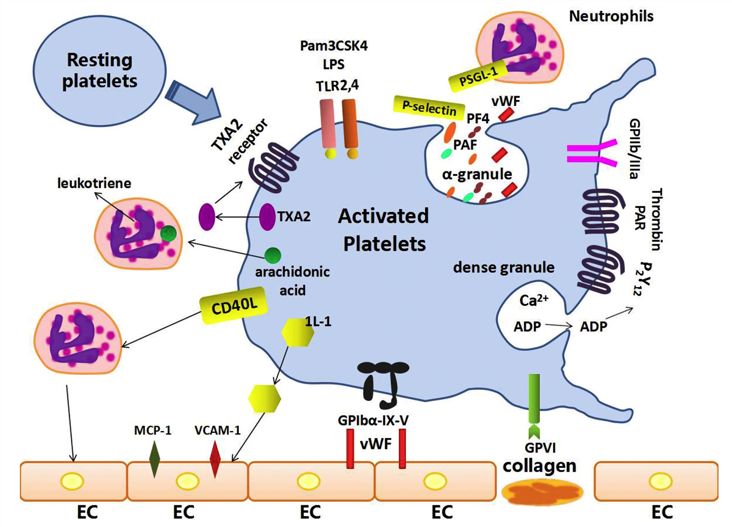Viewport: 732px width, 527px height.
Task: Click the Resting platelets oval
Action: coord(99,71)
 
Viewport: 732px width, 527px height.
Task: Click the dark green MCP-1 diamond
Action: coord(154,459)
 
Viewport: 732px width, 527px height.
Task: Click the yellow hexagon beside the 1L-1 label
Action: coord(298,332)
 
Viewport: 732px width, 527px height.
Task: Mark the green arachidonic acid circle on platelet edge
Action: coord(273,255)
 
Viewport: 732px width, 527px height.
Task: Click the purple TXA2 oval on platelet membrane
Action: coord(267,217)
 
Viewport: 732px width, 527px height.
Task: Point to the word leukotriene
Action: coord(94,184)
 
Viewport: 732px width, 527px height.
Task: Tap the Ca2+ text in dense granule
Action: coord(533,300)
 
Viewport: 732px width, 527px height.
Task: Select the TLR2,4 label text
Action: coord(337,86)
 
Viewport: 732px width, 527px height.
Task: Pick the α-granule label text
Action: coord(477,174)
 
